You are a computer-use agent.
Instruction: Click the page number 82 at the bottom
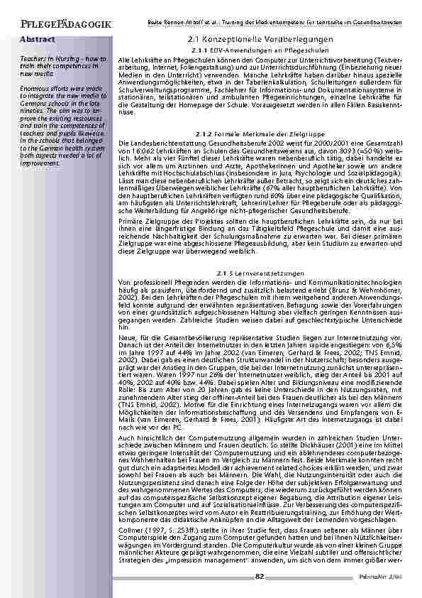click(260, 575)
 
